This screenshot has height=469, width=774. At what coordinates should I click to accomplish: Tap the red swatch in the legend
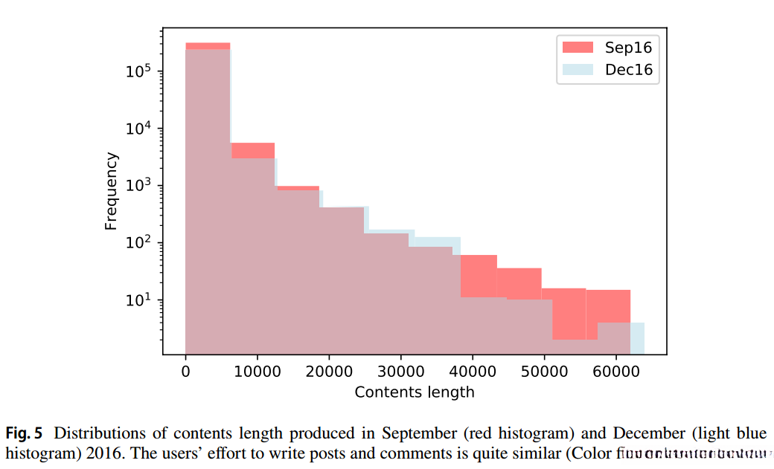[x=578, y=48]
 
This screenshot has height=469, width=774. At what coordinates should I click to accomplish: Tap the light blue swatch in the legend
[x=578, y=70]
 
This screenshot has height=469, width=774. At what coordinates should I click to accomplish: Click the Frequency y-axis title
[x=112, y=191]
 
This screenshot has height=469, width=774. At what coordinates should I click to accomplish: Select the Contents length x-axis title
[x=415, y=392]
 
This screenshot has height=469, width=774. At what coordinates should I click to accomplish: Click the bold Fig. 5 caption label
[x=24, y=433]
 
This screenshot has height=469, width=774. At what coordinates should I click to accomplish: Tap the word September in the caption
[x=418, y=433]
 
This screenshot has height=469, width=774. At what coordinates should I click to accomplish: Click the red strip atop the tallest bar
[x=208, y=46]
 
